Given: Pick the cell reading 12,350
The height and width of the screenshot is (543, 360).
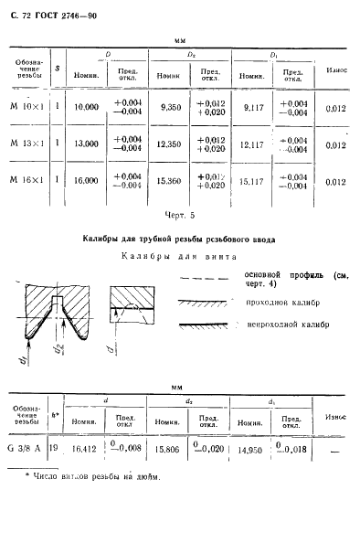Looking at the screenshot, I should pos(171,144).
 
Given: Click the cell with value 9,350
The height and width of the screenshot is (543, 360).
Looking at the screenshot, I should pos(171,107).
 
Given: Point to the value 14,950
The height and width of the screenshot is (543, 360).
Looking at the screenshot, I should pos(251,449).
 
